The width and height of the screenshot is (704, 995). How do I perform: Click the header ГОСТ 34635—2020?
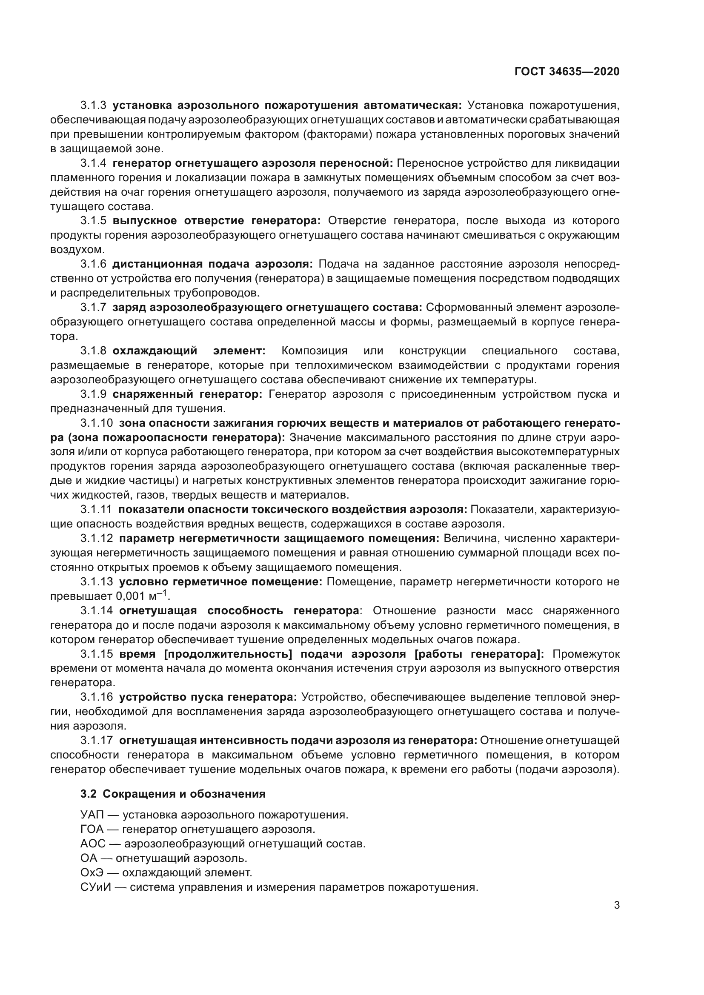click(x=567, y=71)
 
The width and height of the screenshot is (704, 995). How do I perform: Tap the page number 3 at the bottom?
click(x=616, y=905)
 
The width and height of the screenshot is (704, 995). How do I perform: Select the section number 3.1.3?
click(x=93, y=105)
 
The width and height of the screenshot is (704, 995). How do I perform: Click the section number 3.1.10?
click(x=96, y=423)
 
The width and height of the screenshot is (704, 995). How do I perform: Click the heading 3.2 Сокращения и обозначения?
click(x=172, y=794)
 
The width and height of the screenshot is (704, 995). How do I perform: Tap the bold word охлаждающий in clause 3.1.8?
click(x=155, y=351)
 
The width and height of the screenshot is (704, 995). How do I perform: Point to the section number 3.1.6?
click(x=93, y=264)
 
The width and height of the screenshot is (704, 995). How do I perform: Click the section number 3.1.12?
click(x=96, y=539)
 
